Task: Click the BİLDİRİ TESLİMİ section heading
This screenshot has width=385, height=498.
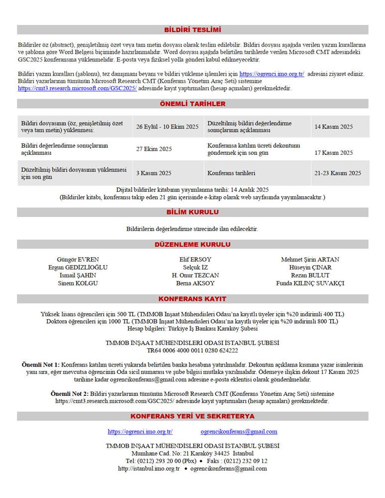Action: point(192,29)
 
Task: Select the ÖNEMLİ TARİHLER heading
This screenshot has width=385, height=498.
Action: point(192,104)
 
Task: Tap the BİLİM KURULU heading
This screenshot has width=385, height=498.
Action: point(192,212)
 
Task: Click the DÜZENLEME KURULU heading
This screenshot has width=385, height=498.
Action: point(192,245)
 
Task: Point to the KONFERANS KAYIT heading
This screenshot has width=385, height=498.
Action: point(192,299)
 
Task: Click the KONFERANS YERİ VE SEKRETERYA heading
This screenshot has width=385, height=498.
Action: point(192,416)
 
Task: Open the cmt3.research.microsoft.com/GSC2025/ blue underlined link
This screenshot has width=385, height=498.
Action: point(77,88)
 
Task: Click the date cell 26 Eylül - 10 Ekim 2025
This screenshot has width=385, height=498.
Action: point(167,126)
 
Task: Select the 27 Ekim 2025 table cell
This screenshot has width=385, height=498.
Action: point(154,149)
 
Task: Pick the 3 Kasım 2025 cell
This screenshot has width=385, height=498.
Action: point(154,173)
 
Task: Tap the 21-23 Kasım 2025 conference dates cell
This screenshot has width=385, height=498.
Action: point(338,173)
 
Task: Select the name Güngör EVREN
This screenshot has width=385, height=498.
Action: point(78,259)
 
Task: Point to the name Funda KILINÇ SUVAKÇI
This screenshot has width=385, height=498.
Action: point(310,283)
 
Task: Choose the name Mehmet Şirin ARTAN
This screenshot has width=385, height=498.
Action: point(310,259)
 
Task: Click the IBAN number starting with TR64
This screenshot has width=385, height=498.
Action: point(192,350)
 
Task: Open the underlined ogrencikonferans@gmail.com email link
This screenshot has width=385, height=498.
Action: point(239,432)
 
